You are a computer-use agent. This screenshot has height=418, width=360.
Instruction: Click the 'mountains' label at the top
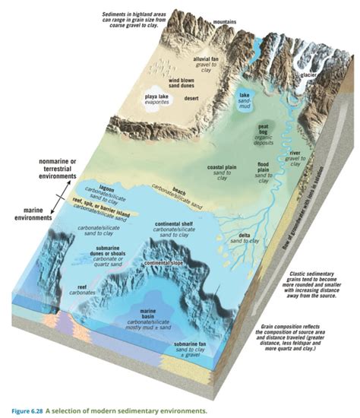point(226,21)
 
